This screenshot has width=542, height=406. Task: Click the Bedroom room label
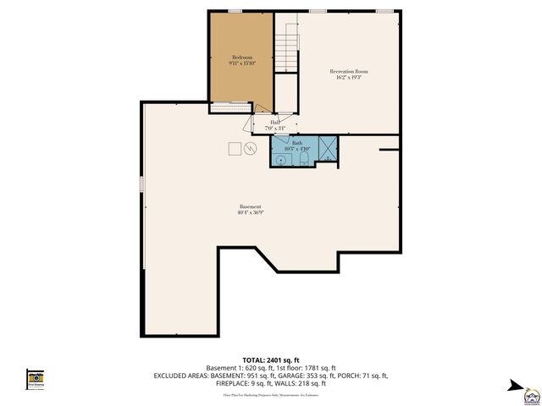[241, 57]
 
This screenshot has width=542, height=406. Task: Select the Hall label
[275, 122]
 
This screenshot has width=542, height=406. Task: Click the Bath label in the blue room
[297, 143]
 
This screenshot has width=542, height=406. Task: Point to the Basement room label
[250, 207]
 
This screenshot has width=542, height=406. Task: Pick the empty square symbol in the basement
[234, 148]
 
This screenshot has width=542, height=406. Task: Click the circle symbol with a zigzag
[250, 148]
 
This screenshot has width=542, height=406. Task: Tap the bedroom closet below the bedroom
[231, 107]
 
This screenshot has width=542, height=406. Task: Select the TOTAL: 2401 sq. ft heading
[271, 360]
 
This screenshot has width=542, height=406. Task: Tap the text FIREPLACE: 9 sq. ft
[241, 382]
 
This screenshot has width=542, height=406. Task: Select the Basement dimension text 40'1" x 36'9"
[250, 213]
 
